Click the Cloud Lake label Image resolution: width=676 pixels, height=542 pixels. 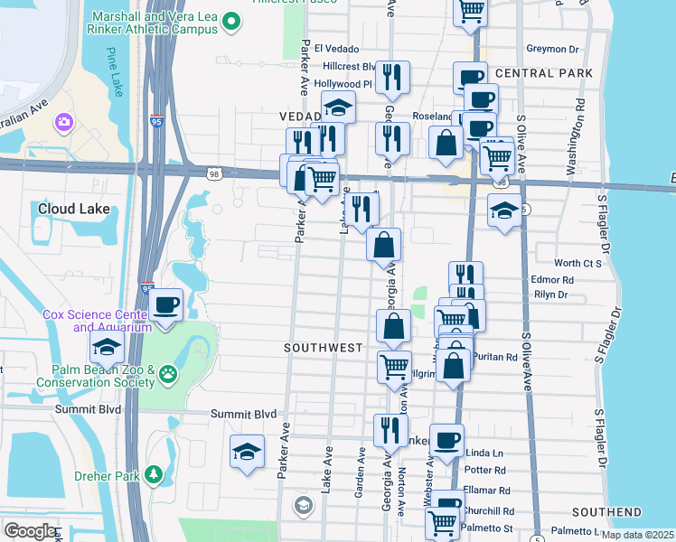pos(74,209)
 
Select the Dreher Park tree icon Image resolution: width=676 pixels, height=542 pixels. pos(155,474)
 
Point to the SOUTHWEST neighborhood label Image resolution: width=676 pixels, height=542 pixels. pos(323,348)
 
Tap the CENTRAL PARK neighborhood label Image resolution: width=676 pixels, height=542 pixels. pos(543,73)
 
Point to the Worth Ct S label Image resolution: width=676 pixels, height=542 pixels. pos(577,264)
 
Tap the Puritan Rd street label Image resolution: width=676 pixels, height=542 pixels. pos(499,357)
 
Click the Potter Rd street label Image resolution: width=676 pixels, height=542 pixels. pos(485,471)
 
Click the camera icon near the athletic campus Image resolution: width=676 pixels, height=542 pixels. pos(64,121)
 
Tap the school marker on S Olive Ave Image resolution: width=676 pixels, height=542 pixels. pos(504,211)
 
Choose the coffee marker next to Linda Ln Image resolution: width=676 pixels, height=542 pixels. pos(446,440)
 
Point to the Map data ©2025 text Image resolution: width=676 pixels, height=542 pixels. pos(634,535)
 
